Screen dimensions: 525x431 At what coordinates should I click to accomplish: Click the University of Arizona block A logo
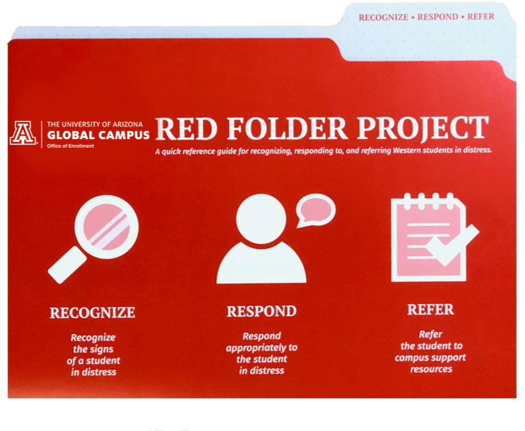pos(23,133)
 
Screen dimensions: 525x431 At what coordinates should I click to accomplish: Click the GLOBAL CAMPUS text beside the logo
pos(98,135)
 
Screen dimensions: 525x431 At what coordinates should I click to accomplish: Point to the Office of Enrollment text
pos(70,146)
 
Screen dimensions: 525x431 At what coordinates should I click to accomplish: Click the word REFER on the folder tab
pos(481,16)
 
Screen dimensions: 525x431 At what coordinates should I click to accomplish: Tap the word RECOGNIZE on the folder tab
pos(383,18)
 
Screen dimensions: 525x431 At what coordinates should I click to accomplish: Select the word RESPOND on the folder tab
pos(438,17)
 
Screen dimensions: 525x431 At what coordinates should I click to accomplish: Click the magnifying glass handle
pos(67,265)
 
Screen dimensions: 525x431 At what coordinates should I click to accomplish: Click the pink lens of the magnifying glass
pos(106,227)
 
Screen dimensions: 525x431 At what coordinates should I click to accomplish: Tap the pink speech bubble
pos(315,209)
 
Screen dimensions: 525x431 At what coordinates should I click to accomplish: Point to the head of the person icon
pos(261,219)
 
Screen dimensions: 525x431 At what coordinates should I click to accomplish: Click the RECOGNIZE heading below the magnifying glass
pos(93,313)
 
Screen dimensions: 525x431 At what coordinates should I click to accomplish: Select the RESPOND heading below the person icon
pos(261,311)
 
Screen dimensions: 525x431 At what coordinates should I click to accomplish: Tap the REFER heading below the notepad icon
pos(430,309)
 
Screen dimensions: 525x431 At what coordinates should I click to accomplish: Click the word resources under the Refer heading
pos(431,369)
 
